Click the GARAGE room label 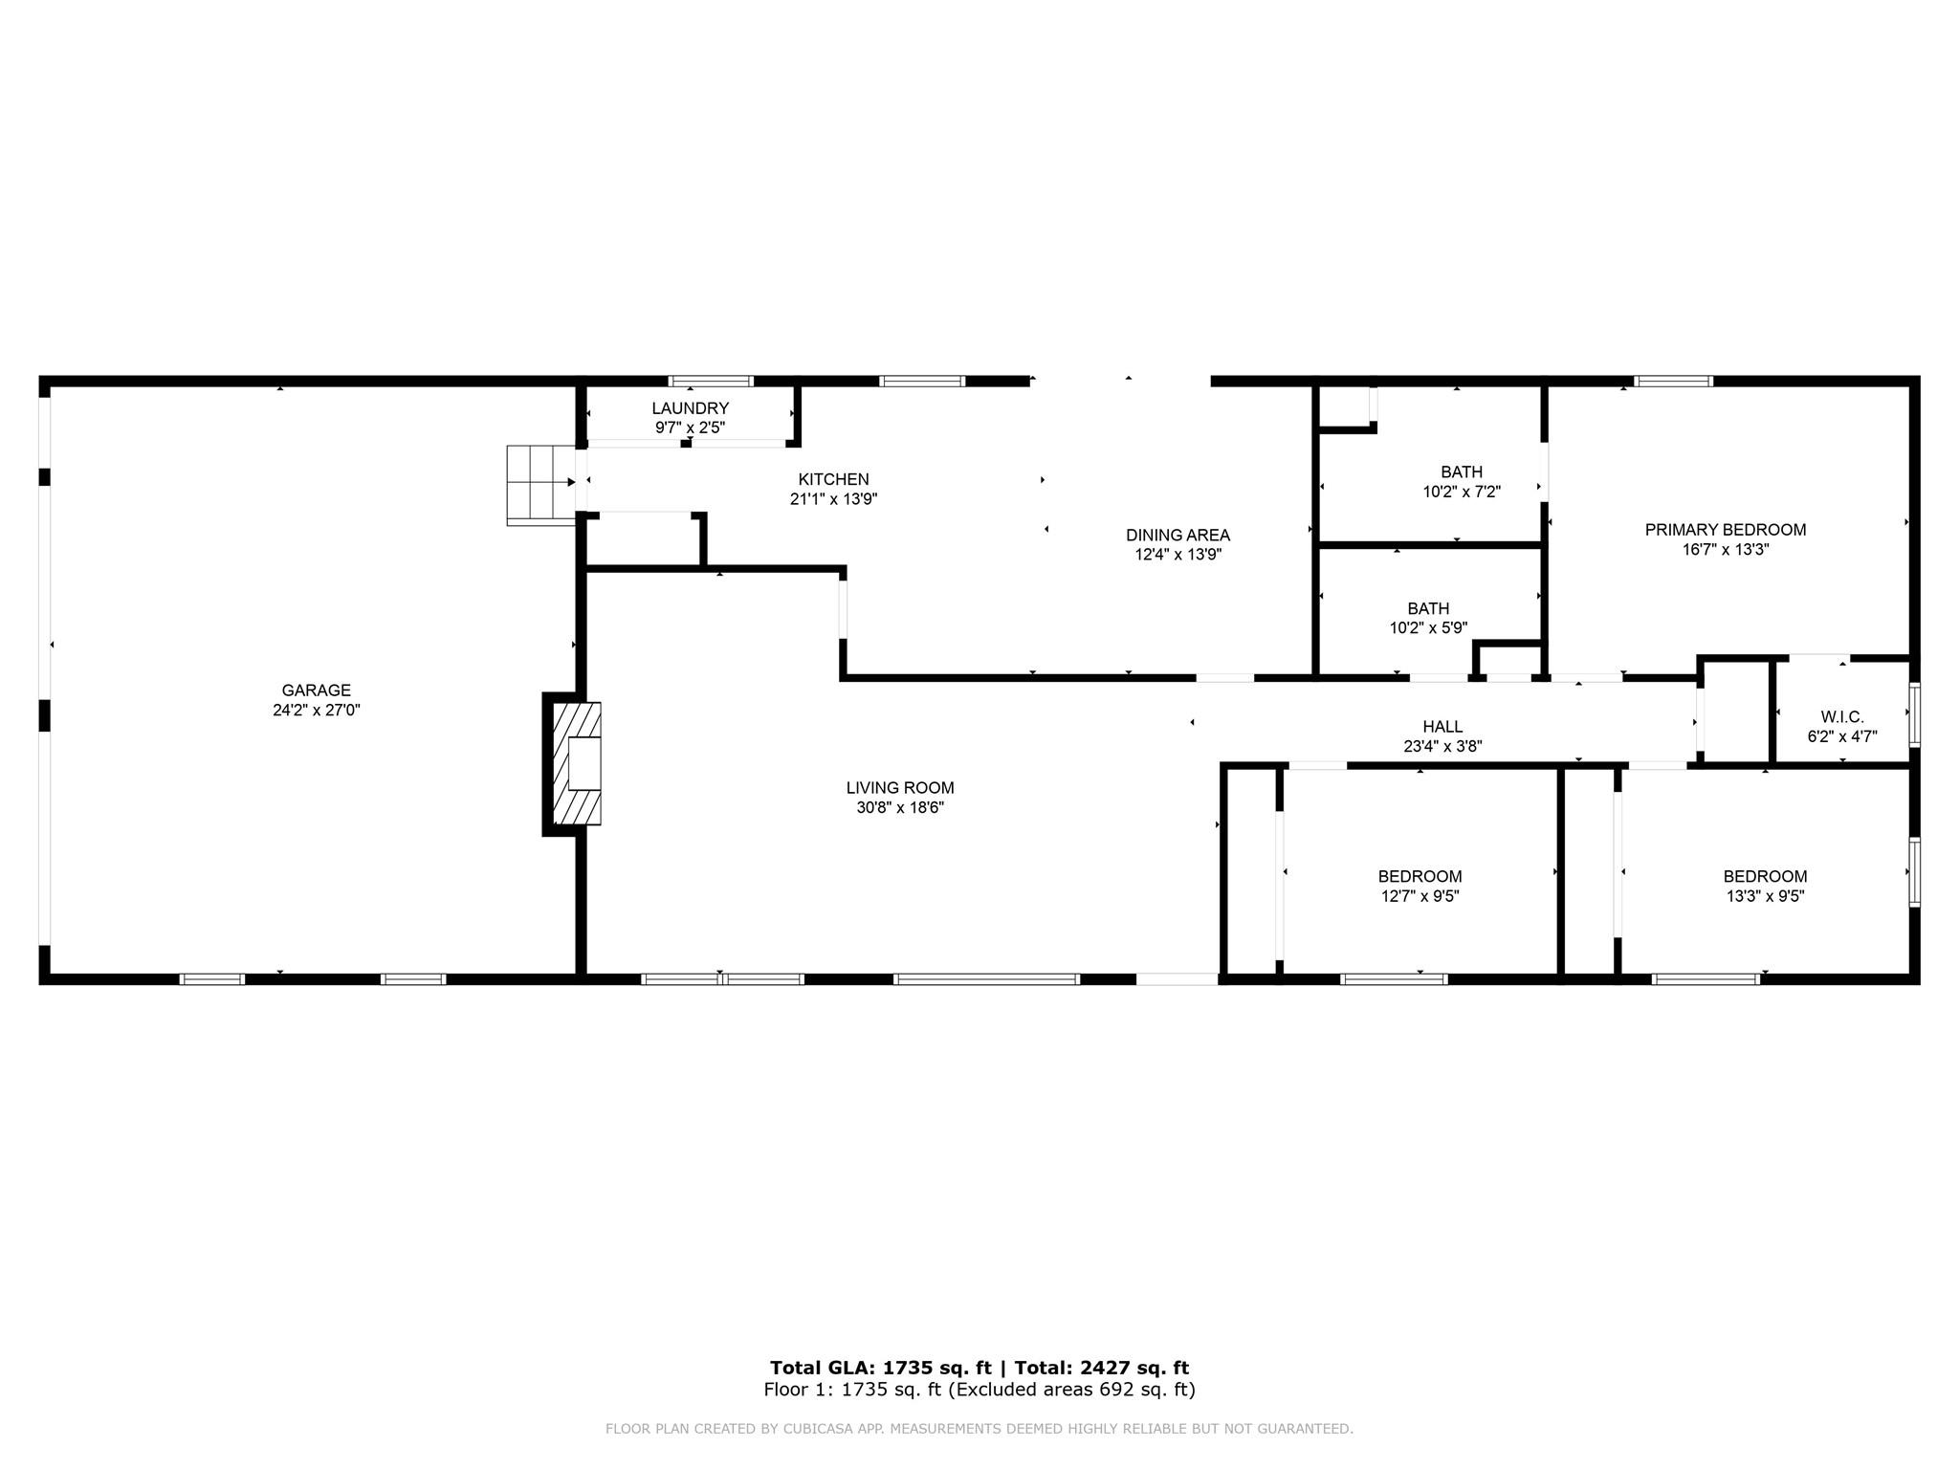[316, 690]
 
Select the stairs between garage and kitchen [540, 485]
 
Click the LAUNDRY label [690, 408]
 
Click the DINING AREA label [1178, 535]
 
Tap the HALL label [1442, 727]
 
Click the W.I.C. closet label [1842, 716]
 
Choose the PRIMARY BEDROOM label [1725, 529]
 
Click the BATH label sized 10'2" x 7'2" [1462, 471]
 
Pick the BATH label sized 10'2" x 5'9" [1428, 608]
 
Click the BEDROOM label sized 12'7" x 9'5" [1420, 876]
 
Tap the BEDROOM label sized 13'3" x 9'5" [1765, 876]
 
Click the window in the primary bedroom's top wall [1673, 381]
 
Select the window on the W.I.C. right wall [1914, 713]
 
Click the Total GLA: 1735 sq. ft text [880, 1368]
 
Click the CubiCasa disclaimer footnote [979, 1429]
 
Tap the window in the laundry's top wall [710, 381]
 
